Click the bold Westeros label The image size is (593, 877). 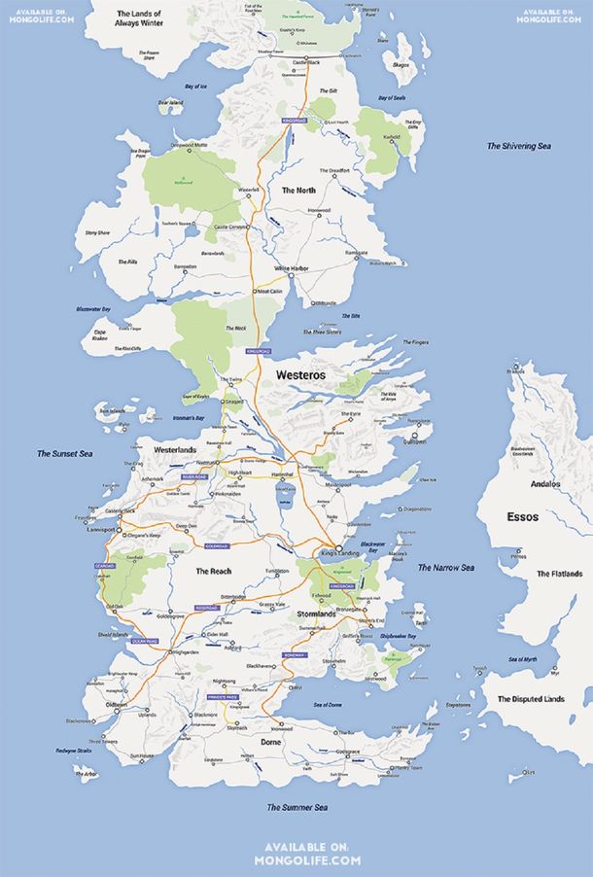(x=300, y=373)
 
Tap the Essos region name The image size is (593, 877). (x=522, y=517)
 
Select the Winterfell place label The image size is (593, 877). (x=249, y=189)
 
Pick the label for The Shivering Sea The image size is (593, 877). (x=518, y=146)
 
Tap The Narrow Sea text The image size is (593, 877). (x=445, y=568)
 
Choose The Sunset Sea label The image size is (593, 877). (x=64, y=453)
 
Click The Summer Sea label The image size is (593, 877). (x=297, y=807)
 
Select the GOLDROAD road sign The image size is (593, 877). (x=216, y=546)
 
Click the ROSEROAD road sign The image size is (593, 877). (x=207, y=608)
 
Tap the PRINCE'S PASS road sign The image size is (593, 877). (x=223, y=697)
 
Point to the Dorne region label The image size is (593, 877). (x=271, y=742)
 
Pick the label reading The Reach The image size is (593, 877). (x=213, y=571)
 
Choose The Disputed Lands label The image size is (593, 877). (x=531, y=699)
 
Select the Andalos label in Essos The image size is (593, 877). (x=545, y=484)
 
